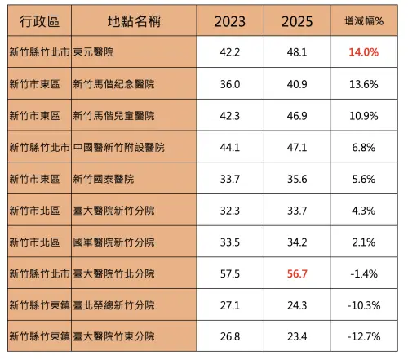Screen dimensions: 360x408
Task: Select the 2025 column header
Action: [x=297, y=20]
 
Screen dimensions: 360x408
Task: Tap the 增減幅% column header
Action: [x=363, y=20]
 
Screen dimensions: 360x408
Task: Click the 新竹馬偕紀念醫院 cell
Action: [x=113, y=83]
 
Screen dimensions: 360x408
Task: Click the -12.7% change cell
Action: [x=363, y=336]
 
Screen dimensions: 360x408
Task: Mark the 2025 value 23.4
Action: [x=297, y=336]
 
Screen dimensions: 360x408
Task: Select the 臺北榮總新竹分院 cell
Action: [x=113, y=304]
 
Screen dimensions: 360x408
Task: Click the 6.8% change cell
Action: [x=363, y=147]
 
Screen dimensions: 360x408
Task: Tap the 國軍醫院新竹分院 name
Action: [x=113, y=242]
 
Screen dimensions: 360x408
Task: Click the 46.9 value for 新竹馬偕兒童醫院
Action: [x=297, y=115]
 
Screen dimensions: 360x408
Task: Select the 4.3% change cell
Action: [x=363, y=210]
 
